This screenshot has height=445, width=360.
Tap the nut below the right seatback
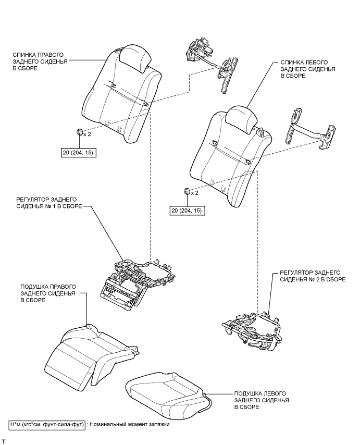point(80,132)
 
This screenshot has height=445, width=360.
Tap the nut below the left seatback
point(187,191)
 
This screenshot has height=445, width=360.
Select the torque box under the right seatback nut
point(79,153)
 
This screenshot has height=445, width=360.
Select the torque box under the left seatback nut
point(187,211)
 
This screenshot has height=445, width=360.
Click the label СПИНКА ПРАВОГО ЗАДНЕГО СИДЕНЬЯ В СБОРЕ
point(40,61)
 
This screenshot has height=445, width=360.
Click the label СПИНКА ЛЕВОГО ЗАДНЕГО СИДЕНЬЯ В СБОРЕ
point(308,69)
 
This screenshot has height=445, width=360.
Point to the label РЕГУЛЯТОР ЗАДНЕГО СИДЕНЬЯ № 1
point(49,203)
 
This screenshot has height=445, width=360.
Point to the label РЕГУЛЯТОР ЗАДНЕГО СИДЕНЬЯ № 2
point(313,276)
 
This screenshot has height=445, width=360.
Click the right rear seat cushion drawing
point(92,357)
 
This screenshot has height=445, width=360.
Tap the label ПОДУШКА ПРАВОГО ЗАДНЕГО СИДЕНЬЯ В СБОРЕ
point(48,293)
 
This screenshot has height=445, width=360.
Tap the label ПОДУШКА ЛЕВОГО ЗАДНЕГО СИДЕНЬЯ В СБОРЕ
point(262,400)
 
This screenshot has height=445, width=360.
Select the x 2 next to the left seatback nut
point(195,193)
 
